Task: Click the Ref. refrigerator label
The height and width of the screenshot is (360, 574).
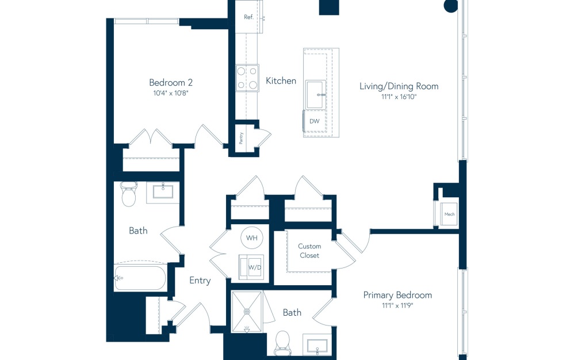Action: click(x=248, y=17)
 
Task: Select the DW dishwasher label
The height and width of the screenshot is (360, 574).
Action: click(x=314, y=121)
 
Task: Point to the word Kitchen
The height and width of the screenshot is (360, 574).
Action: click(x=281, y=81)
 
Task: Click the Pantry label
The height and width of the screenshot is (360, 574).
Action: click(x=242, y=138)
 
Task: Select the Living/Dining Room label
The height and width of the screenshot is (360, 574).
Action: click(x=399, y=86)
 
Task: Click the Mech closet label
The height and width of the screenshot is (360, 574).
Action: click(x=449, y=215)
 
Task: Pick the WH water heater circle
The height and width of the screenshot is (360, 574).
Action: click(x=252, y=238)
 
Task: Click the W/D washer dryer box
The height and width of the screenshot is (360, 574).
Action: click(x=252, y=267)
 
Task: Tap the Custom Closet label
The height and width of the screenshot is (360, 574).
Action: click(x=309, y=251)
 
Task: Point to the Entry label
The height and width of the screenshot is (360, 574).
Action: click(x=200, y=281)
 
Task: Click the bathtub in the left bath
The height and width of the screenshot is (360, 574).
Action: click(x=140, y=278)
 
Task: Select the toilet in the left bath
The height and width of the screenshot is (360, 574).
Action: click(x=129, y=195)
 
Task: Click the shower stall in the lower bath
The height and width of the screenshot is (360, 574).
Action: click(x=247, y=311)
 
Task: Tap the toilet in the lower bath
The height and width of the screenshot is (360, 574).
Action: click(x=282, y=342)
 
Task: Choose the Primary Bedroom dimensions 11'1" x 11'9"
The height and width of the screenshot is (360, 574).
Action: click(x=397, y=305)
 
